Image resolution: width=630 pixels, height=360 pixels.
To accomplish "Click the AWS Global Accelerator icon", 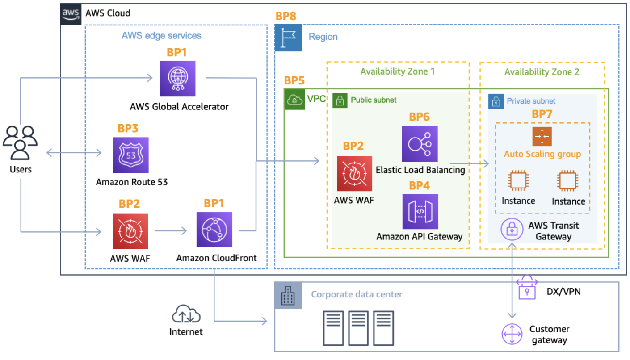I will [178, 79].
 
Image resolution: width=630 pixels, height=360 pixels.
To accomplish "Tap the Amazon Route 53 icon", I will [130, 155].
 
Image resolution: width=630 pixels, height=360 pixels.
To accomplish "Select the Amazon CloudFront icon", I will [214, 230].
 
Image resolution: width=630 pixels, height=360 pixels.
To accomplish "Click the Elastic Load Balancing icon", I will [420, 144].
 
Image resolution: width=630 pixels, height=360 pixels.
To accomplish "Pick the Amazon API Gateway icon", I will [420, 211].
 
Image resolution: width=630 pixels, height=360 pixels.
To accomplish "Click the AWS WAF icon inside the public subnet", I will [355, 173].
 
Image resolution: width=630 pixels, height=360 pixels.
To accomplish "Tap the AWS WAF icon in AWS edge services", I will [130, 231].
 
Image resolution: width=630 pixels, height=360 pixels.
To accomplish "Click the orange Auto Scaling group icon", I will [542, 136].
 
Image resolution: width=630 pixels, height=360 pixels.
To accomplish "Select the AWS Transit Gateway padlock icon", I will [512, 230].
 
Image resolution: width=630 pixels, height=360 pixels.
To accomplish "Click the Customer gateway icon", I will [512, 334].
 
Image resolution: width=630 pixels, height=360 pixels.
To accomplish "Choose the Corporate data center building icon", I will [288, 296].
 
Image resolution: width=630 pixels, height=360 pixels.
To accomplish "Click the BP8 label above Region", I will [286, 17].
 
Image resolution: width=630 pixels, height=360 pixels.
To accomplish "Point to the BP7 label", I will [542, 114].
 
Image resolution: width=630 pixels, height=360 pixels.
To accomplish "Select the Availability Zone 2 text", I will [542, 72].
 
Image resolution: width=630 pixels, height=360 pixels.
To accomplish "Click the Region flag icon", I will [288, 37].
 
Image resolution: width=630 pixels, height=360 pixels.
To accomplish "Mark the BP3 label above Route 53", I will [128, 129].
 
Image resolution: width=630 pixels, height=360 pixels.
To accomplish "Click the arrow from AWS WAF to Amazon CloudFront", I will [171, 231].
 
